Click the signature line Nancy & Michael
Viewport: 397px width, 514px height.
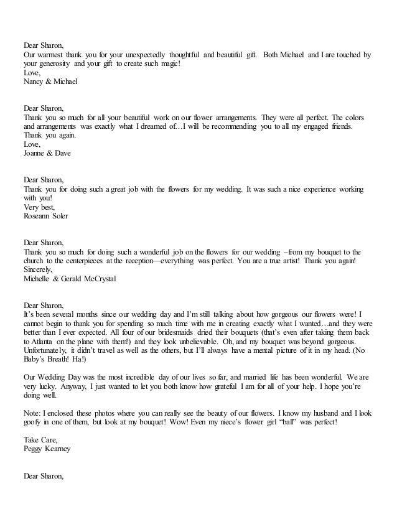coord(50,81)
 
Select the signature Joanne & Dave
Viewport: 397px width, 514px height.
coord(47,153)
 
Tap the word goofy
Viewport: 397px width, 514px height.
coord(34,423)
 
